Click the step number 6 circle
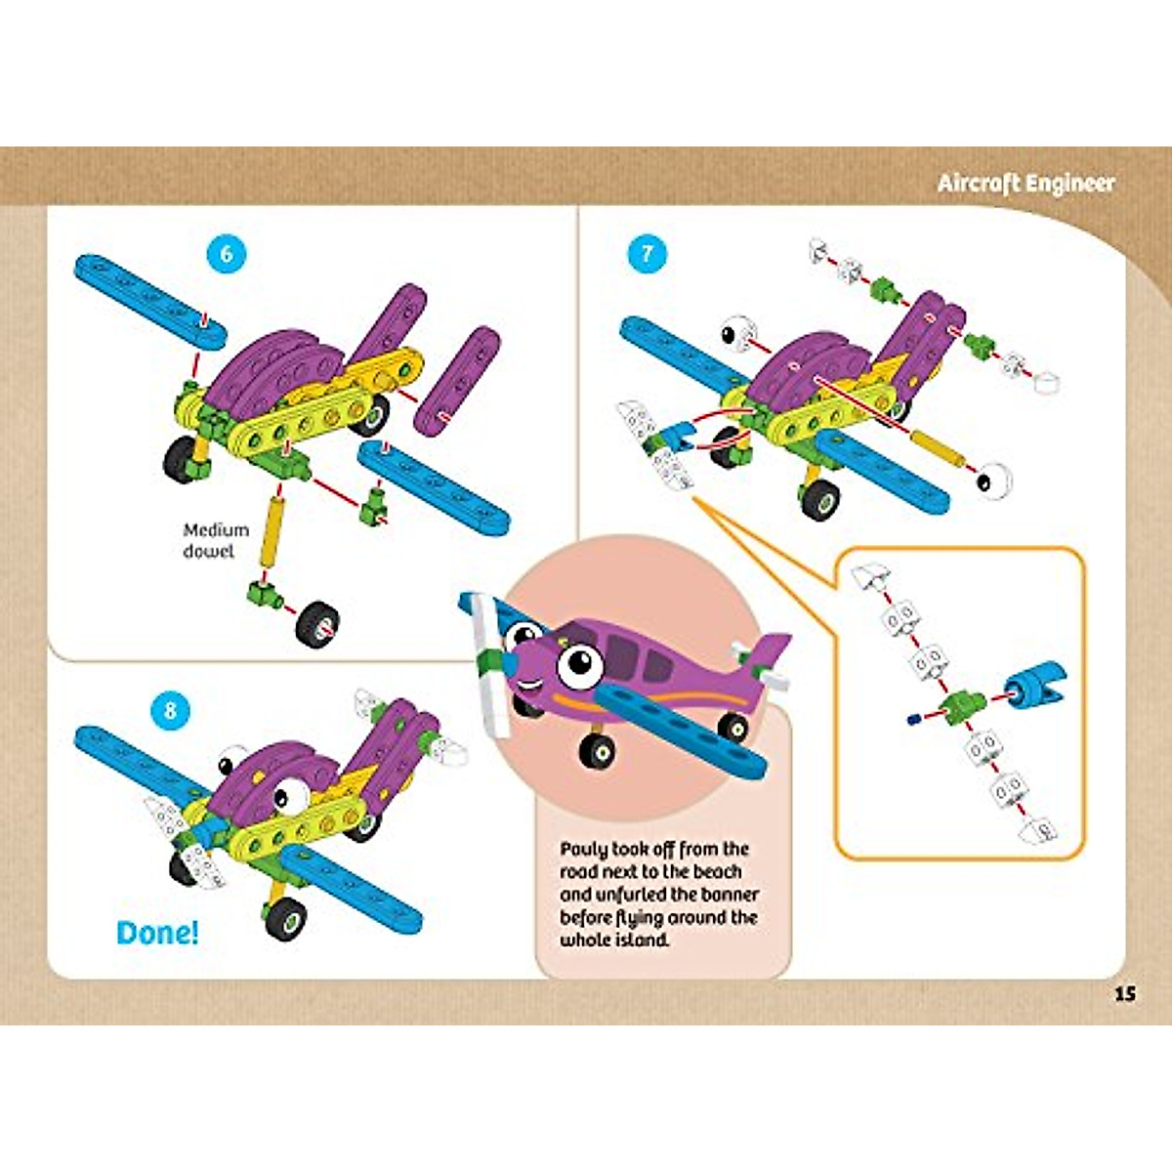[227, 254]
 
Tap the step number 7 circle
[647, 255]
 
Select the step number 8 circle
[170, 710]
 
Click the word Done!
[157, 933]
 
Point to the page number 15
[1124, 994]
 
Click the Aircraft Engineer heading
[1025, 184]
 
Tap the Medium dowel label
[216, 540]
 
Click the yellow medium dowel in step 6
[270, 534]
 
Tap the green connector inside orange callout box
[961, 702]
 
